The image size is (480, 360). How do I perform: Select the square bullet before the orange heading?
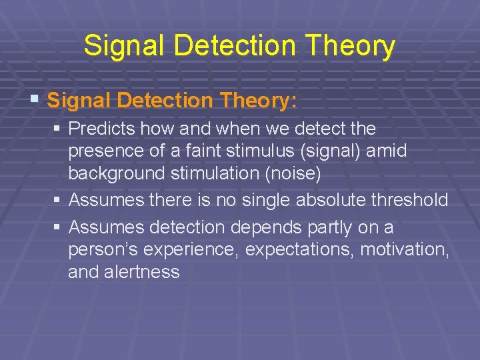[x=35, y=101]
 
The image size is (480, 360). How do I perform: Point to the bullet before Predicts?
[x=59, y=127]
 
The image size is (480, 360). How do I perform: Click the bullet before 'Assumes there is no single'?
[x=59, y=199]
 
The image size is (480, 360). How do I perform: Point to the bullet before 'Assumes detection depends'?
[x=59, y=227]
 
